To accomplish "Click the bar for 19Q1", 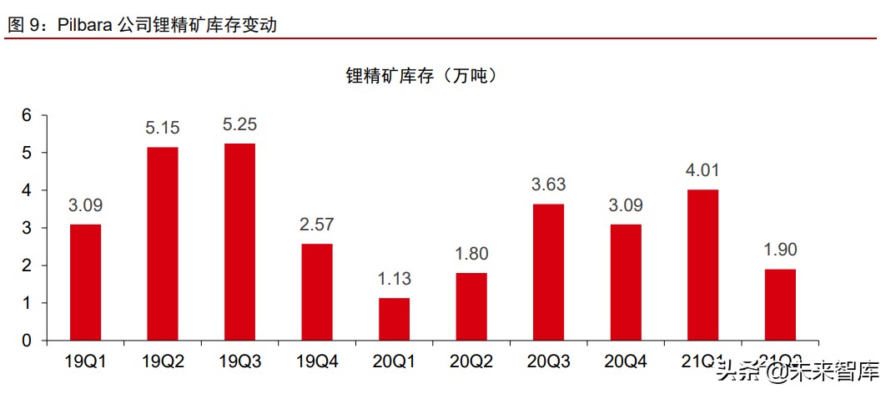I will pyautogui.click(x=85, y=282).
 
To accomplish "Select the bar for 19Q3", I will pyautogui.click(x=239, y=242).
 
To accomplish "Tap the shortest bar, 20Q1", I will pyautogui.click(x=394, y=319).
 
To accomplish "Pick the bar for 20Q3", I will pyautogui.click(x=548, y=272).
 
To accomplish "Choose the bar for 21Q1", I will pyautogui.click(x=702, y=265).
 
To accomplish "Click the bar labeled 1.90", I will pyautogui.click(x=780, y=305).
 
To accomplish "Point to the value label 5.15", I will pyautogui.click(x=162, y=129).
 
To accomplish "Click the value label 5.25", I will pyautogui.click(x=239, y=125).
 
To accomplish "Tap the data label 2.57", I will pyautogui.click(x=316, y=225).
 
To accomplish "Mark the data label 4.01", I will pyautogui.click(x=702, y=171).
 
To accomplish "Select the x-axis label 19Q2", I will pyautogui.click(x=162, y=361).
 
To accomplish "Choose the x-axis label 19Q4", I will pyautogui.click(x=316, y=361).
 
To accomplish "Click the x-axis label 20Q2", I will pyautogui.click(x=471, y=361).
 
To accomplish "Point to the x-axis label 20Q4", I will pyautogui.click(x=625, y=361).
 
